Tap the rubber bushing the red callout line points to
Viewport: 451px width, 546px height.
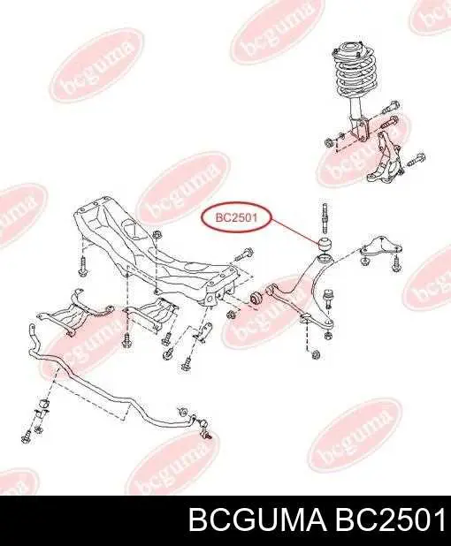pos(326,243)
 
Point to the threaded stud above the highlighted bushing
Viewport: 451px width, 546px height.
pos(325,218)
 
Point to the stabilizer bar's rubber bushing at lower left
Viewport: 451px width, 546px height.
pos(44,405)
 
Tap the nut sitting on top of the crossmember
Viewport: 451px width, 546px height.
pos(157,234)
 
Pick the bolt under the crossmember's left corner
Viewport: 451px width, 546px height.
pos(82,266)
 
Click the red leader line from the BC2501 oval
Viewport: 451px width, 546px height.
pos(294,230)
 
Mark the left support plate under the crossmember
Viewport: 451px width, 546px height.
pos(75,313)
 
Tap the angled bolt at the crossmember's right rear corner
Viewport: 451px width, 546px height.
pos(244,254)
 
